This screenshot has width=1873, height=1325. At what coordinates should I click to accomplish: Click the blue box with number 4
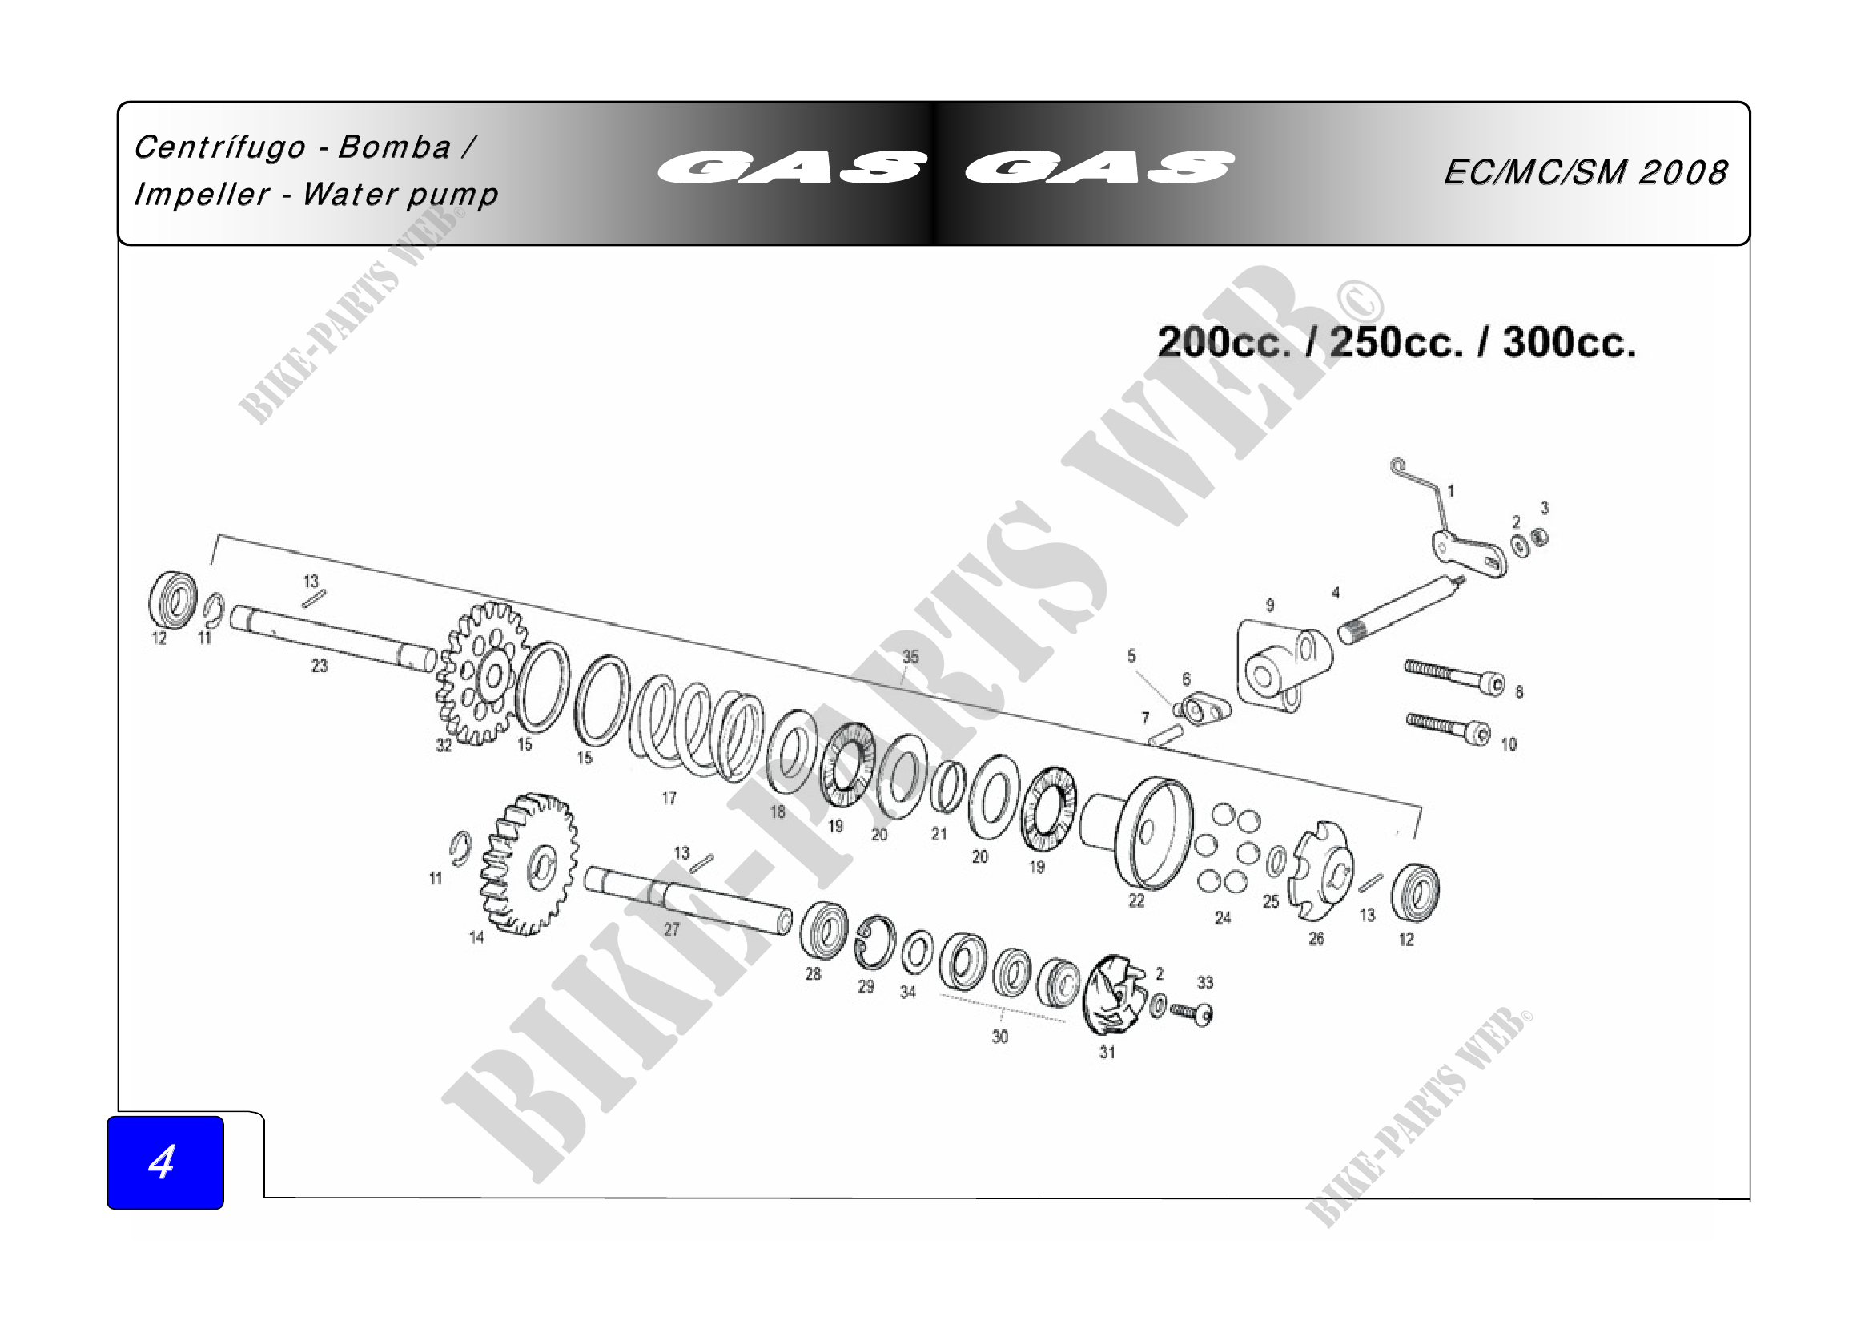click(165, 1162)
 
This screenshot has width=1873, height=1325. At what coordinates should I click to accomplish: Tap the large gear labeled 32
click(481, 674)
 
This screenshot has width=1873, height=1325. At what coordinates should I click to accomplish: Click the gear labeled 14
click(529, 865)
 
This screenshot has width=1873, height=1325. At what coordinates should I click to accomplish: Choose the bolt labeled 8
click(1455, 678)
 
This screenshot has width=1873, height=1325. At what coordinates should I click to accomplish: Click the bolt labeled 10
click(1449, 728)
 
